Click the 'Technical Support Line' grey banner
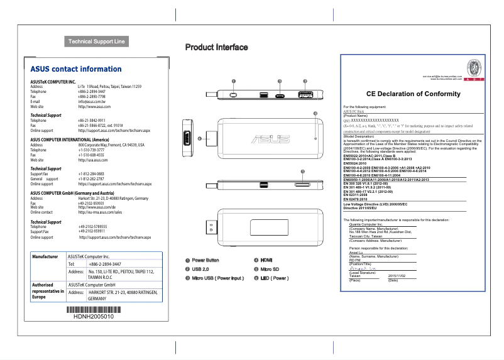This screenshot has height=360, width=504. [x=97, y=42]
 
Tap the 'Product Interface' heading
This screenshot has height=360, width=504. [x=216, y=48]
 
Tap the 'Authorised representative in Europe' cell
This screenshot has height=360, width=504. [x=48, y=291]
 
